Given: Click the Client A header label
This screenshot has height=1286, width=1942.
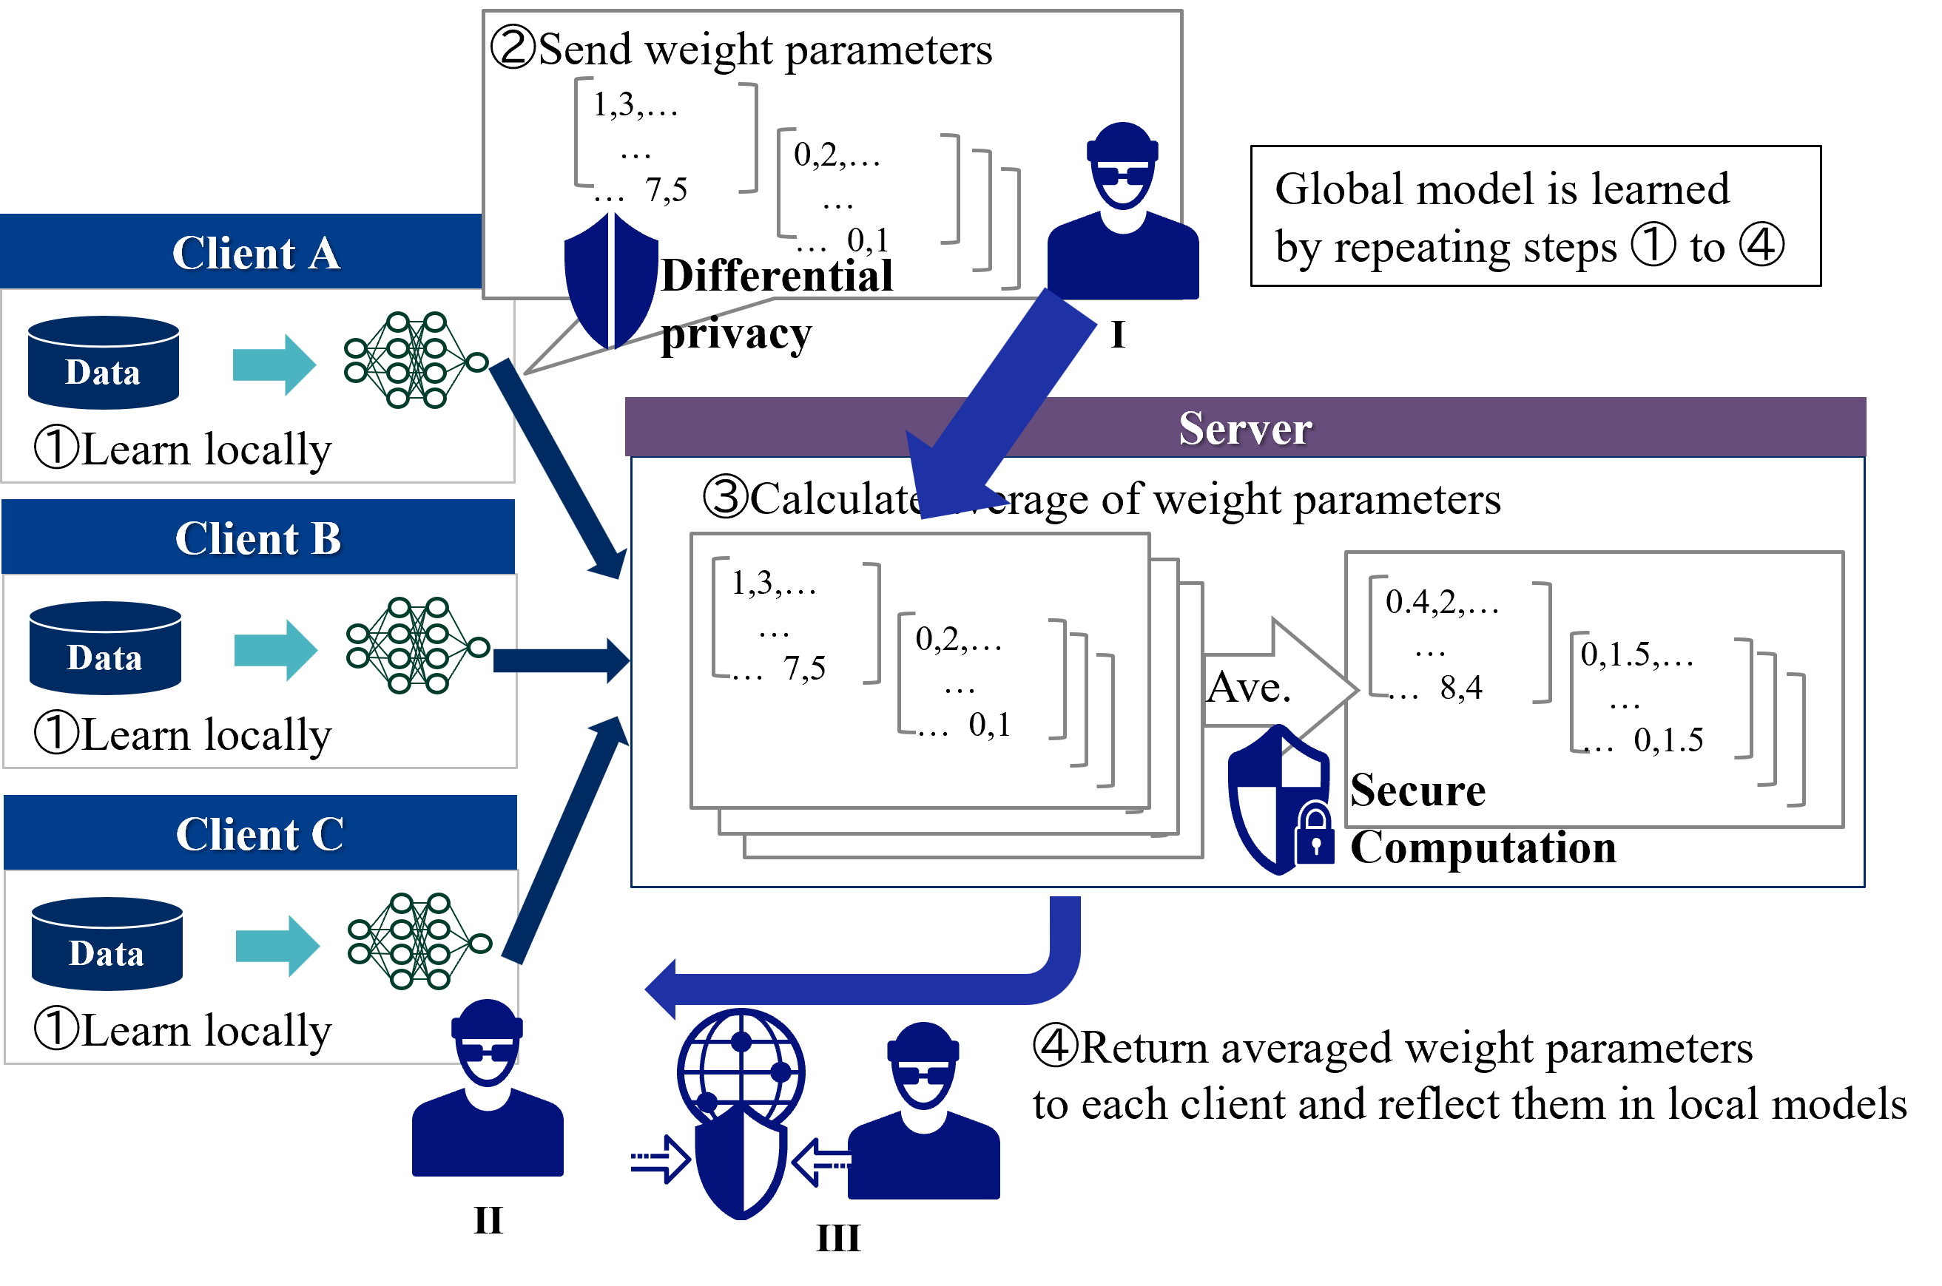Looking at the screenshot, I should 256,253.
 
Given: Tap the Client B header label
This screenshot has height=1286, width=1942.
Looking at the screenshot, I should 257,538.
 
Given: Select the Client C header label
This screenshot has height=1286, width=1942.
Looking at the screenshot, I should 259,834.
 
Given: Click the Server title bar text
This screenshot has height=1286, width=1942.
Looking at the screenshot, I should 1244,428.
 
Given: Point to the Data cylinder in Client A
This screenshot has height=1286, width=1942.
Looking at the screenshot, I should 104,362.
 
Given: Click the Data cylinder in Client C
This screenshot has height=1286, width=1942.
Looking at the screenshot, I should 107,944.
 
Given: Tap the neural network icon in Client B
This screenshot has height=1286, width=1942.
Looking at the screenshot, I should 417,646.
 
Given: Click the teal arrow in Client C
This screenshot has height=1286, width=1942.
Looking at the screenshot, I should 277,946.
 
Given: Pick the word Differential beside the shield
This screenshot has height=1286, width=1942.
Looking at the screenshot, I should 776,276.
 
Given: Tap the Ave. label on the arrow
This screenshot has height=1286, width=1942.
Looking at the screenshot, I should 1248,687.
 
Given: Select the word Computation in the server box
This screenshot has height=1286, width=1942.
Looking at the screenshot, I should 1483,847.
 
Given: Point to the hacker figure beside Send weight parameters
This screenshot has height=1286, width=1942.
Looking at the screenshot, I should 1122,211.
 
